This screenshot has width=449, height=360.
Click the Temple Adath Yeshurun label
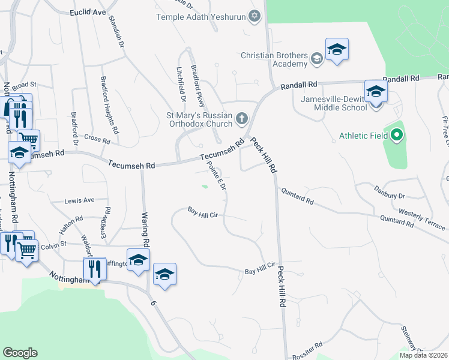pos(201,16)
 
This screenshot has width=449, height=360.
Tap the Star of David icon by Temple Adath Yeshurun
pos(255,16)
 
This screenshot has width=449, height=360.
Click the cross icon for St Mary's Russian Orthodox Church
pos(242,118)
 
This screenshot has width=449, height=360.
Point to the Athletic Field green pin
pos(396,135)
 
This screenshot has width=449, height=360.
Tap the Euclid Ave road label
pos(87,12)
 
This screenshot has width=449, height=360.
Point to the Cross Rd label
pos(97,140)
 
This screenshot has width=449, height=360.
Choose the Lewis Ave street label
pos(80,200)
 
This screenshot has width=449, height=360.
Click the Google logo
pos(20,352)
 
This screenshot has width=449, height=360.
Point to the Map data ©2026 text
pos(423,355)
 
